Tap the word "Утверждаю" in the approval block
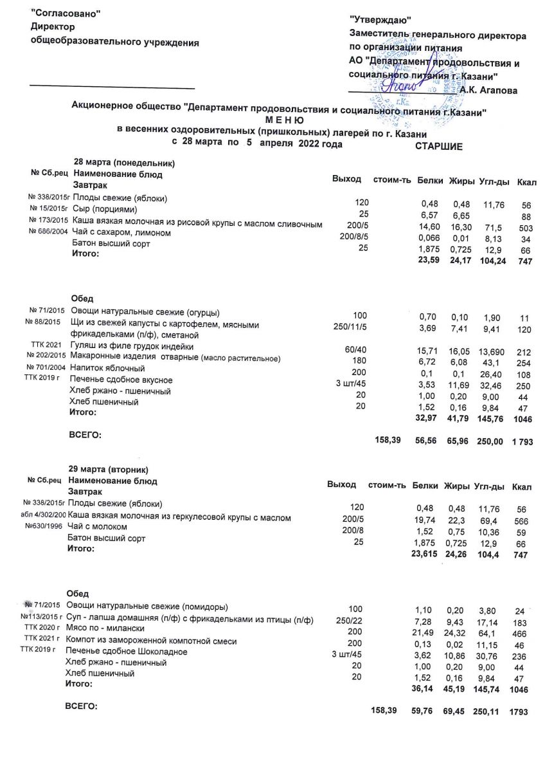380,23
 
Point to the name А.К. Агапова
488,91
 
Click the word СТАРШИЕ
439,147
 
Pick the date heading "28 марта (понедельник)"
125,163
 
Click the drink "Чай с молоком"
98,526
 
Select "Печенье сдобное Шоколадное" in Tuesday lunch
127,652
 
